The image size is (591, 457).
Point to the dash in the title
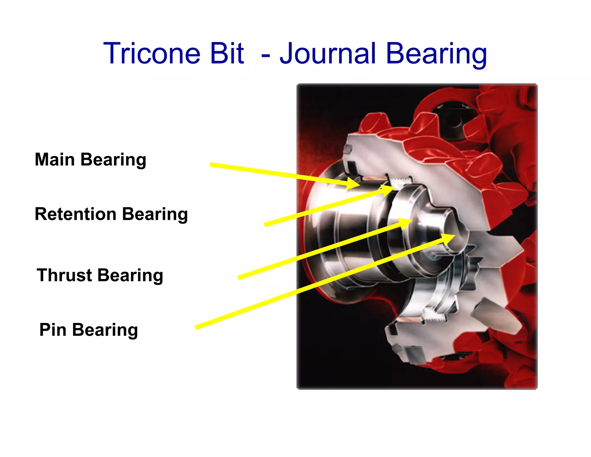(265, 55)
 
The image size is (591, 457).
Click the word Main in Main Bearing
(55, 159)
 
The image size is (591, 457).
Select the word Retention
(76, 214)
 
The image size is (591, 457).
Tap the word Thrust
(64, 275)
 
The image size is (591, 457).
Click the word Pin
(53, 330)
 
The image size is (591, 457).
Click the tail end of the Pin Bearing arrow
(197, 328)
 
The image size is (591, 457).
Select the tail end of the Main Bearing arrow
(212, 165)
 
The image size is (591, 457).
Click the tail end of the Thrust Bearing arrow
(239, 278)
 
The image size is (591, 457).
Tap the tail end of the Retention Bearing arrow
(266, 225)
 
